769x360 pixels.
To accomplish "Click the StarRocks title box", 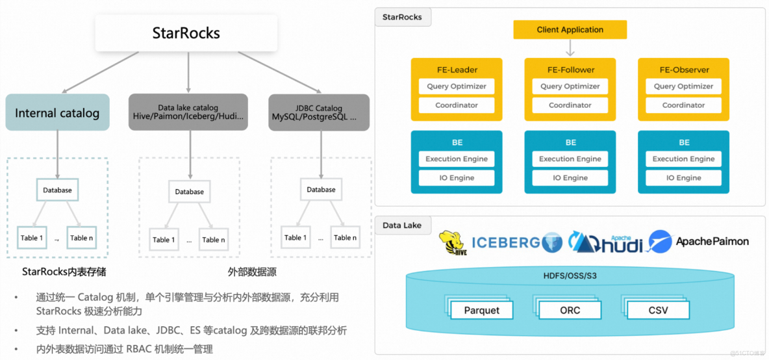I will coord(186,33).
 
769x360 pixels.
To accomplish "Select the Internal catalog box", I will coord(57,113).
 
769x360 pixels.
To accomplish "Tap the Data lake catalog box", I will coord(188,112).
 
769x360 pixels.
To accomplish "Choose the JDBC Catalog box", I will coord(319,112).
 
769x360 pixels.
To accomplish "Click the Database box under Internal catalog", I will coord(57,190).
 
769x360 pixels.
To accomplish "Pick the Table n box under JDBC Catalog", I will coord(346,237).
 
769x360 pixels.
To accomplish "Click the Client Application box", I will coord(570,30).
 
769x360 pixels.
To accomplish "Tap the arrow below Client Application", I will coord(570,48).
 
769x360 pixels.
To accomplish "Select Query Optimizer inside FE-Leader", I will coord(457,86).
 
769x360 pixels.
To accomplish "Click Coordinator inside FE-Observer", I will coord(683,105).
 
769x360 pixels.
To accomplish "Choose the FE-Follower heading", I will coord(570,70).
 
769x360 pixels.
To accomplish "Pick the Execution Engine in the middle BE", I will coord(570,159).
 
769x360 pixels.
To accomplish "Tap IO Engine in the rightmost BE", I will coord(683,178).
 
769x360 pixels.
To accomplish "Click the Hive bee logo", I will coord(453,243).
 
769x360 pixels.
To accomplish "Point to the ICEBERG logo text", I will coord(507,242).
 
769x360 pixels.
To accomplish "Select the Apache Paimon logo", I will coord(699,242).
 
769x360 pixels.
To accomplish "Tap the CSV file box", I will coord(658,310).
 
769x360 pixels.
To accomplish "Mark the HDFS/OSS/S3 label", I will coord(570,276).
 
